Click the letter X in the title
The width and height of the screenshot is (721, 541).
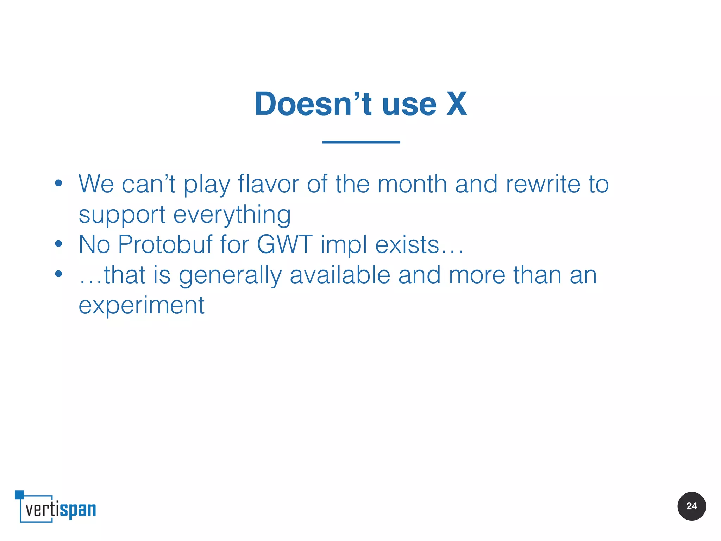[x=457, y=104]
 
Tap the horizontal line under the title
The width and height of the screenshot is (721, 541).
[x=361, y=142]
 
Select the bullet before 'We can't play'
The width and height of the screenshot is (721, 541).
[x=58, y=183]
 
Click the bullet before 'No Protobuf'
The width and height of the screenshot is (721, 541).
[x=58, y=244]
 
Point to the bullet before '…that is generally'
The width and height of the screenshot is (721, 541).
[x=58, y=274]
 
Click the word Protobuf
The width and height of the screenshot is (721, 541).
[x=165, y=244]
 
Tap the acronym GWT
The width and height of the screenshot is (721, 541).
[x=284, y=244]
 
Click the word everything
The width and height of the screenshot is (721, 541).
[x=232, y=215]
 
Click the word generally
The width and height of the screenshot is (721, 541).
[x=230, y=276]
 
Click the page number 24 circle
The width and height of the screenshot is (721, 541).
[x=691, y=506]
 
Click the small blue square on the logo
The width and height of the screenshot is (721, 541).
[x=19, y=495]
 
